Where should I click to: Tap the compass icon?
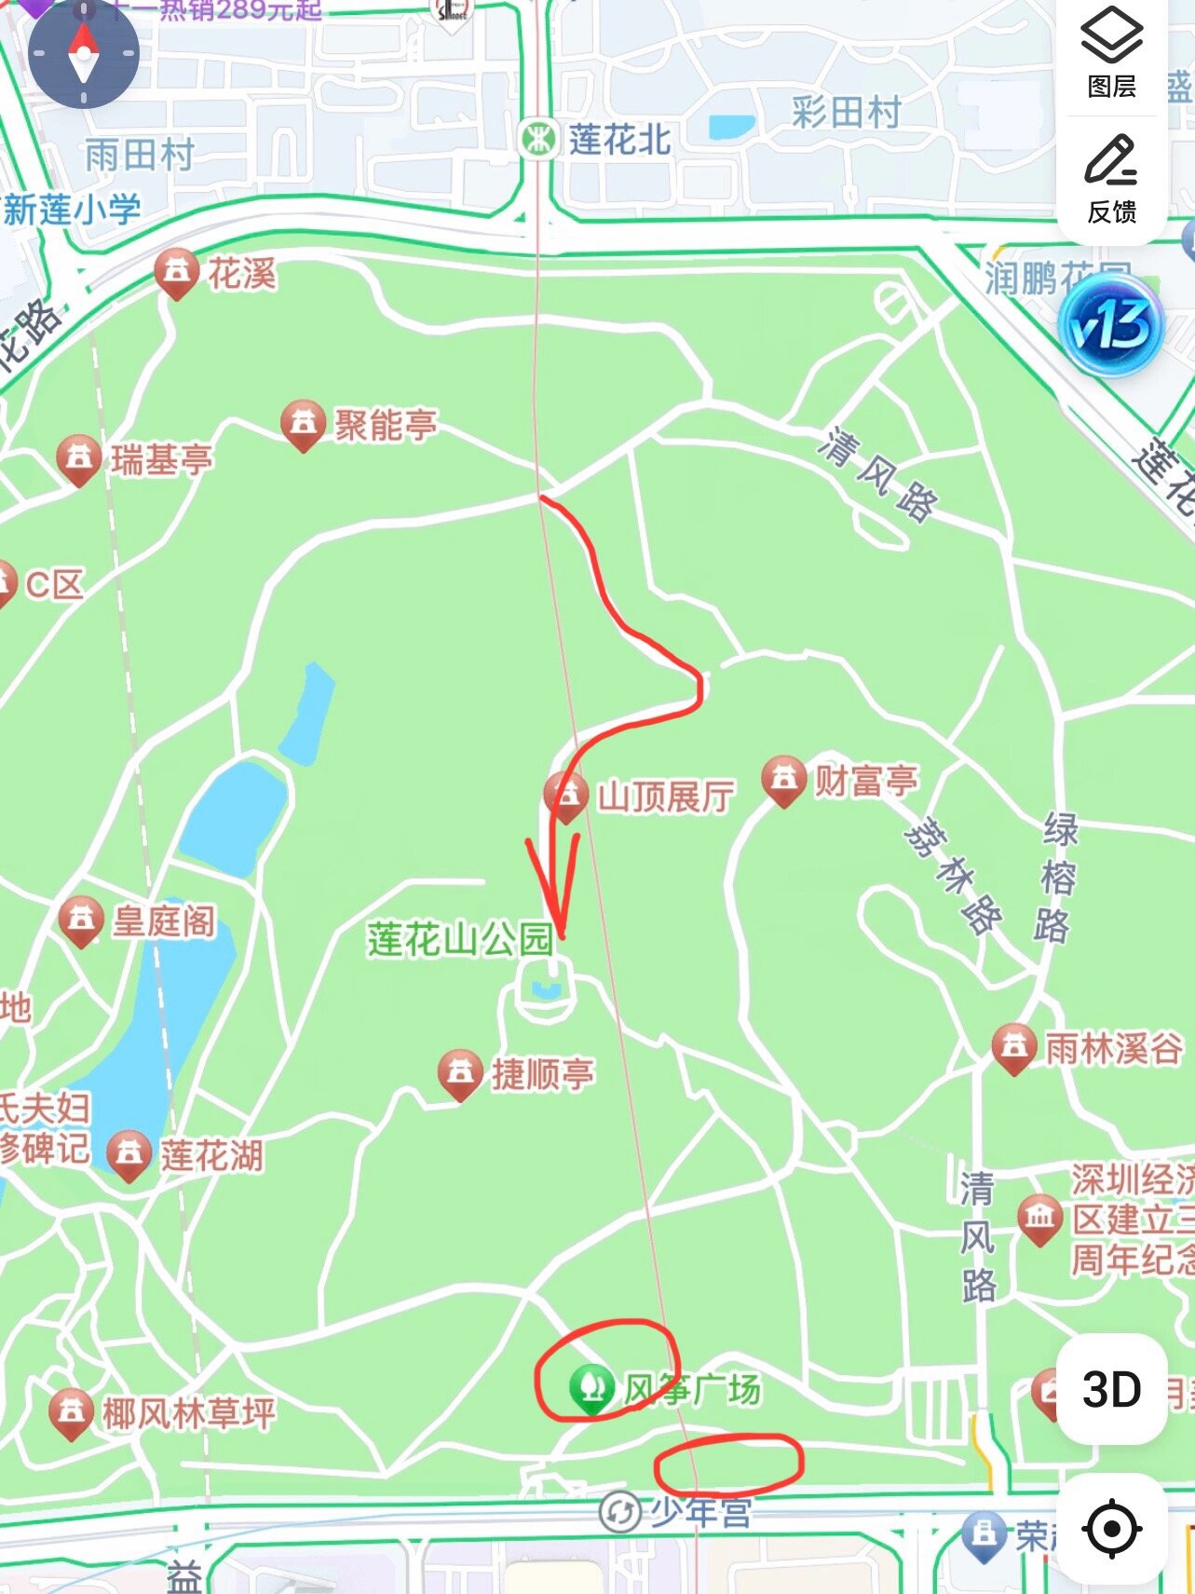83,54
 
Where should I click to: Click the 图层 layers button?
1111,52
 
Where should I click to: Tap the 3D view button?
1111,1388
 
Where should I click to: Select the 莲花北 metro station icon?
537,140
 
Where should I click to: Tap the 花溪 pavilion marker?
176,272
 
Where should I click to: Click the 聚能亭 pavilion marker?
303,424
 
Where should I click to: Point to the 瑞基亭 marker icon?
78,458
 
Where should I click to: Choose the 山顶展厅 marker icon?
566,796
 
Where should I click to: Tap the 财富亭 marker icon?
783,779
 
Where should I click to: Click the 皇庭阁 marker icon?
81,920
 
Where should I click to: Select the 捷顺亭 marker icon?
460,1073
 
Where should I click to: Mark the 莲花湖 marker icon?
129,1154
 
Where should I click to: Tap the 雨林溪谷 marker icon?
1014,1047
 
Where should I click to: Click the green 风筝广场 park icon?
591,1388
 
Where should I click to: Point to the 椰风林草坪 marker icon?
71,1412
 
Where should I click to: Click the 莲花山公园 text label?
459,939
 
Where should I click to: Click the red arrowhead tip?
561,935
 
